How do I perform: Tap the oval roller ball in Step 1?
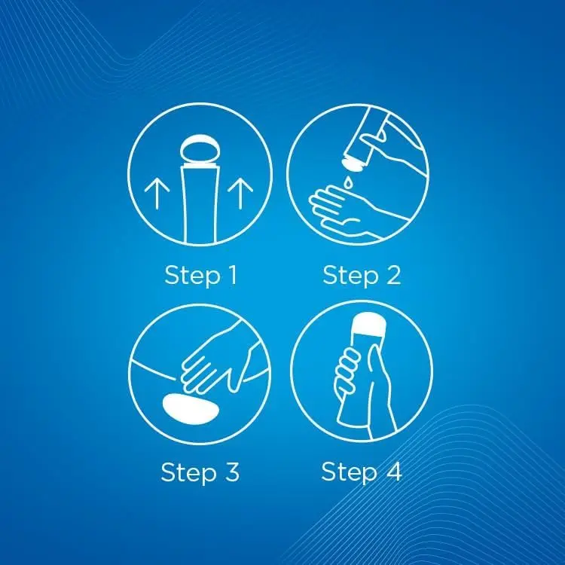pyautogui.click(x=200, y=151)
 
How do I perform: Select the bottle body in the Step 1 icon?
pyautogui.click(x=200, y=205)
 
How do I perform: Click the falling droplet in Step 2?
pyautogui.click(x=349, y=182)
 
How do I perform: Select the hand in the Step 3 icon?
pyautogui.click(x=216, y=360)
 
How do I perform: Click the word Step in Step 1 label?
pyautogui.click(x=192, y=276)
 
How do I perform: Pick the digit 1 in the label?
pyautogui.click(x=233, y=274)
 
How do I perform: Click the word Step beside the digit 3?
pyautogui.click(x=189, y=473)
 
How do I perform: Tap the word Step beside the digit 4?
pyautogui.click(x=349, y=472)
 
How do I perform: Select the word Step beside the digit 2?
pyautogui.click(x=350, y=276)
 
